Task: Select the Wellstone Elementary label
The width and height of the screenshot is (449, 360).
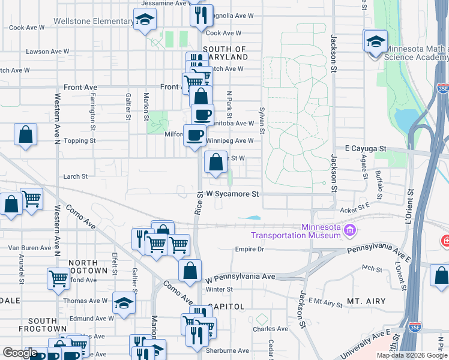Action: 93,22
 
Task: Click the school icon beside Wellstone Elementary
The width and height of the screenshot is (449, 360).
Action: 144,21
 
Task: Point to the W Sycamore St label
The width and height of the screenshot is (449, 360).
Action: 232,194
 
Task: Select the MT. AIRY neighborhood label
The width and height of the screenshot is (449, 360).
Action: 366,300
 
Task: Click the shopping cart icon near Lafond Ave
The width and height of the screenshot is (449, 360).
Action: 58,278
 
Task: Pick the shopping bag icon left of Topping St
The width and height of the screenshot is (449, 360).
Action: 26,135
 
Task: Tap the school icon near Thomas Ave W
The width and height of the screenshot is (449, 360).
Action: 124,304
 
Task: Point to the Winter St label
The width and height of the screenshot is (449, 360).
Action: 219,289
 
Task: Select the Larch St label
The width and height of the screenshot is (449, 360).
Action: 76,176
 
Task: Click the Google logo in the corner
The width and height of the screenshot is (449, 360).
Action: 20,353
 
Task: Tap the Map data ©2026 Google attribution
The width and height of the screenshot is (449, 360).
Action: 411,355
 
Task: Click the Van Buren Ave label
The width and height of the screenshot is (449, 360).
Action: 29,247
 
